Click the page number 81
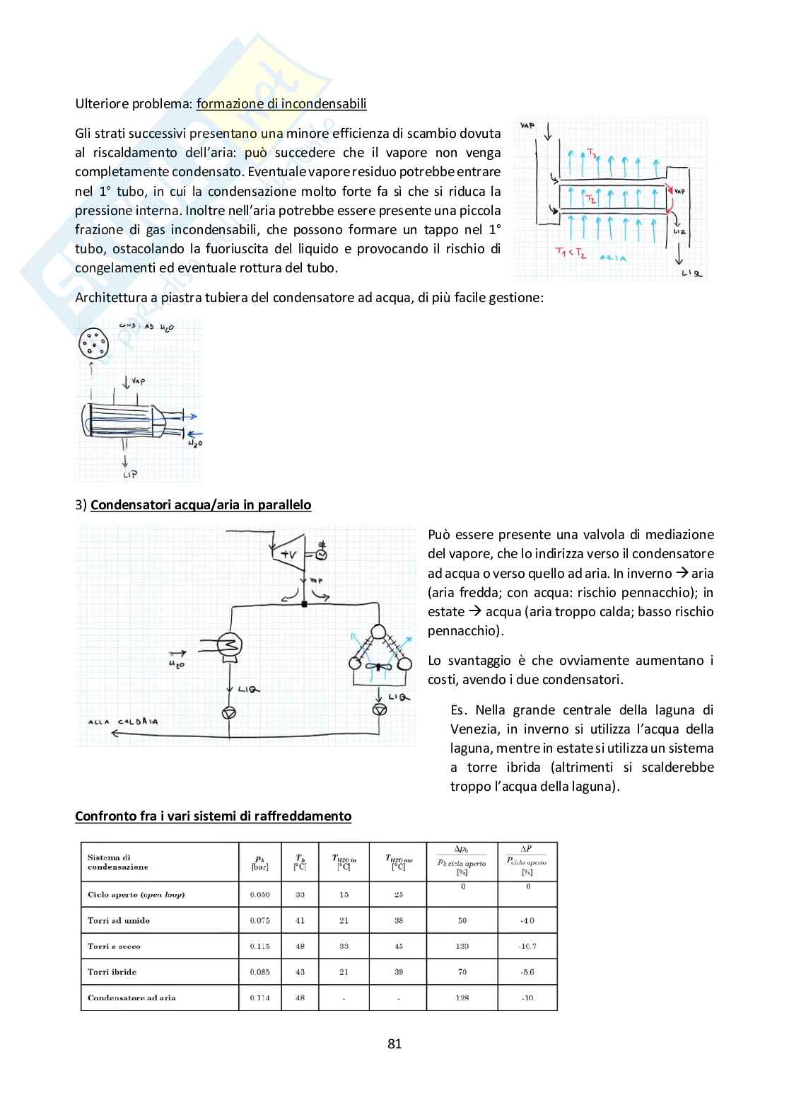[x=394, y=1043]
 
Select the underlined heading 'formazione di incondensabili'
[x=281, y=104]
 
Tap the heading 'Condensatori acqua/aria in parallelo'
[x=201, y=505]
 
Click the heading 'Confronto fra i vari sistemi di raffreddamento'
[x=213, y=816]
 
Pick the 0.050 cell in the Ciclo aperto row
[x=259, y=895]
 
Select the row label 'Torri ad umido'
[x=119, y=921]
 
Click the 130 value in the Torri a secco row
[x=462, y=947]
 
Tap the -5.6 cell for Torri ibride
[x=527, y=972]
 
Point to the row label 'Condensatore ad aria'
[x=131, y=998]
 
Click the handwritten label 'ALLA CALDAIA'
[x=123, y=722]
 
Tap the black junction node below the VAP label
[x=305, y=603]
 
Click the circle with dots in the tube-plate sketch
[x=92, y=344]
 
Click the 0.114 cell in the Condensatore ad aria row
[x=259, y=998]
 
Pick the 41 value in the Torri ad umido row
[x=300, y=921]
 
